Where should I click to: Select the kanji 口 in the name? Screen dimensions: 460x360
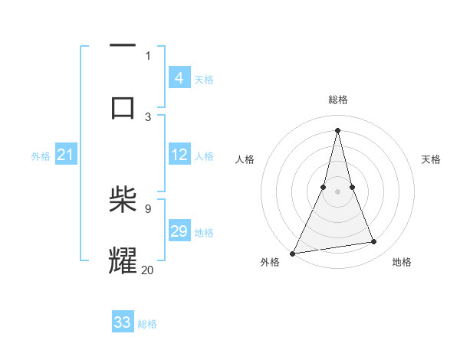(x=123, y=106)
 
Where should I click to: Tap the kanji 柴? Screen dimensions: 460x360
(x=123, y=201)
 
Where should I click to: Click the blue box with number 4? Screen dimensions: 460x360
(x=179, y=78)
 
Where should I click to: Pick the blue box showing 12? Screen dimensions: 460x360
(x=179, y=155)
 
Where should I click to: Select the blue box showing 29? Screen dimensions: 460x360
(x=179, y=231)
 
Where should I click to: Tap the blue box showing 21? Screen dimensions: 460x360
(x=65, y=155)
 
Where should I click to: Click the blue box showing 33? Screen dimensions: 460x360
(x=122, y=322)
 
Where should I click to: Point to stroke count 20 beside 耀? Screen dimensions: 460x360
(x=148, y=269)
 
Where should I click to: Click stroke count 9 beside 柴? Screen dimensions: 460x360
(x=148, y=208)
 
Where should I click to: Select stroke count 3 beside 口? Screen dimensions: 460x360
(x=148, y=116)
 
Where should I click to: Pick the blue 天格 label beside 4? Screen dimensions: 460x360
(x=204, y=80)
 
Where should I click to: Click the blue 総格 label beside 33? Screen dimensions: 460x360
(x=147, y=324)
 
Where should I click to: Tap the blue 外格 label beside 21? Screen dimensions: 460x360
(x=41, y=156)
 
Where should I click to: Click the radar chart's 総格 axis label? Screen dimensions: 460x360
(x=338, y=100)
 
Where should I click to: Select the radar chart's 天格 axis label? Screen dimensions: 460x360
(x=432, y=159)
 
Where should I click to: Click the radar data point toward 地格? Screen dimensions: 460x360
(x=374, y=242)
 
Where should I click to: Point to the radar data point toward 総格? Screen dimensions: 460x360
(x=337, y=130)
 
